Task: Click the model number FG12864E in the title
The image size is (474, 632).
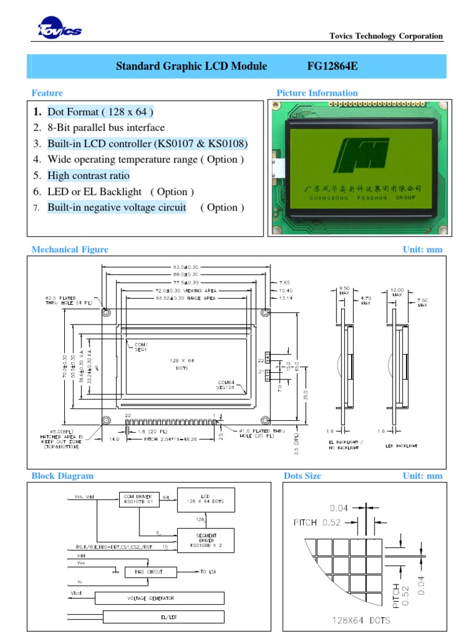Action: point(332,66)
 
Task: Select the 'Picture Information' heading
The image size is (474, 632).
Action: point(317,93)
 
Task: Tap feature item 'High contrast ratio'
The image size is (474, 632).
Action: point(88,176)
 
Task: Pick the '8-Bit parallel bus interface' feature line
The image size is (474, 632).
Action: point(106,128)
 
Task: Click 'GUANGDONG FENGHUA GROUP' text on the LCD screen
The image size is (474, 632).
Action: point(362,197)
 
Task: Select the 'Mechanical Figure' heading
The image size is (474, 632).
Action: point(70,249)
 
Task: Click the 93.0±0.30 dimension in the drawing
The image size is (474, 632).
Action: point(185,267)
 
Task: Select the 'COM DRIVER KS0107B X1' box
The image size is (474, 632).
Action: point(139,498)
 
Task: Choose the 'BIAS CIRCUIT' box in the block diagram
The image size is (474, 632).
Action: point(151,572)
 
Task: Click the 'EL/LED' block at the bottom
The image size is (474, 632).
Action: point(163,616)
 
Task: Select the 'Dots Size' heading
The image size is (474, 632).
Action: point(302,476)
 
